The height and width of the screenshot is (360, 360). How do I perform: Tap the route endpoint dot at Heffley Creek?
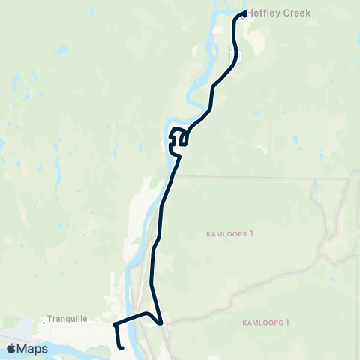click(245, 13)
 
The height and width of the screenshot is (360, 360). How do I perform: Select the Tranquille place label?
click(67, 318)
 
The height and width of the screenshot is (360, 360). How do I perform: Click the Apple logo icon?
click(13, 349)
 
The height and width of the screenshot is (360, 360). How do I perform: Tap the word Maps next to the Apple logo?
click(33, 349)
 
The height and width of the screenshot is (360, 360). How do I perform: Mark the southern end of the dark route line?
click(121, 347)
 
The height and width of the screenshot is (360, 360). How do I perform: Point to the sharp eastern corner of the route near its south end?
click(161, 323)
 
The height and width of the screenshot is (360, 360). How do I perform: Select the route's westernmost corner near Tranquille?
click(114, 325)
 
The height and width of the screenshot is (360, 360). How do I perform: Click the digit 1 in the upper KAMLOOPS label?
click(252, 234)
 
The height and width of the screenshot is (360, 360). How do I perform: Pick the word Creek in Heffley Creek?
click(297, 13)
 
